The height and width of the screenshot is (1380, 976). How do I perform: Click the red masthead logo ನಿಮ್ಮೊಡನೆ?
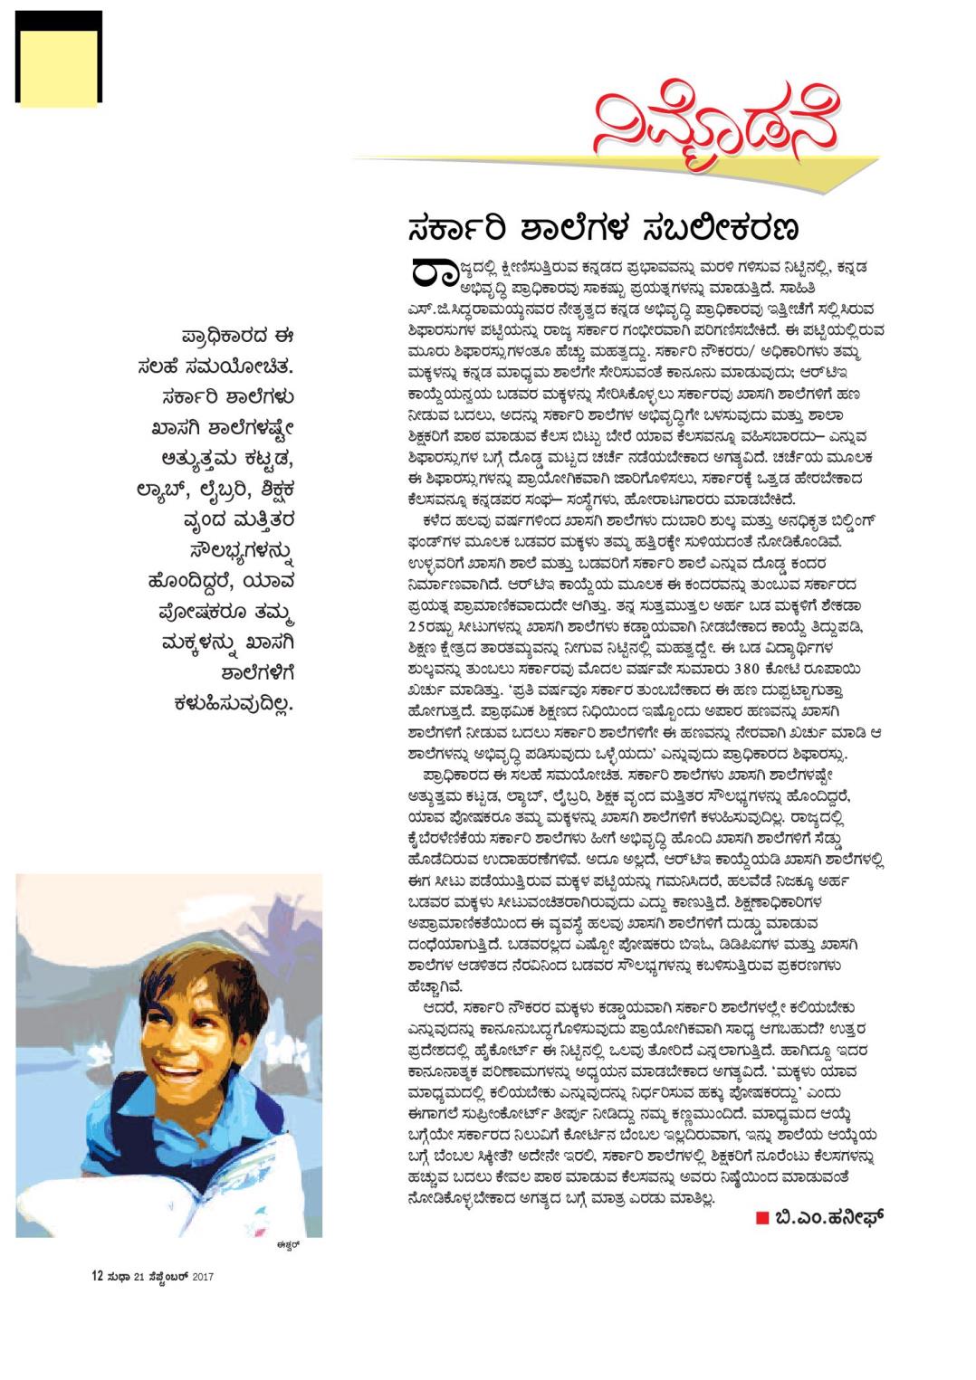715,127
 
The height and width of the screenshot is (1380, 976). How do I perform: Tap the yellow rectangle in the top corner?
58,69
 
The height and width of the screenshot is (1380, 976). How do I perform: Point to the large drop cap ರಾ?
431,273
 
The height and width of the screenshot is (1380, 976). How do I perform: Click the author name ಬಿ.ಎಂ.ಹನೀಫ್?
828,1218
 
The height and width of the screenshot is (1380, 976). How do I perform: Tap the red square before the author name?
761,1218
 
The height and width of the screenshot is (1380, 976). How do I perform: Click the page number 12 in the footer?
96,1277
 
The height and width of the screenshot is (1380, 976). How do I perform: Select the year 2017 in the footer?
202,1277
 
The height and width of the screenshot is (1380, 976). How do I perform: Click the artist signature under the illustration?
288,1246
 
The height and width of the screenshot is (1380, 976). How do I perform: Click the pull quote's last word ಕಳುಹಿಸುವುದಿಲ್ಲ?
234,704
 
